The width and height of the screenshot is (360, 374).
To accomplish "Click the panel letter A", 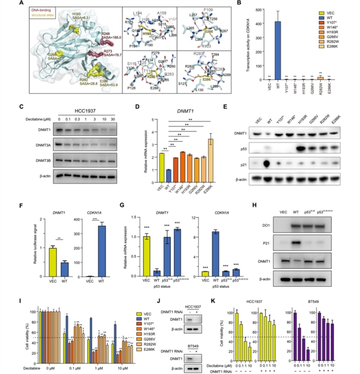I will (x=5, y=3).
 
